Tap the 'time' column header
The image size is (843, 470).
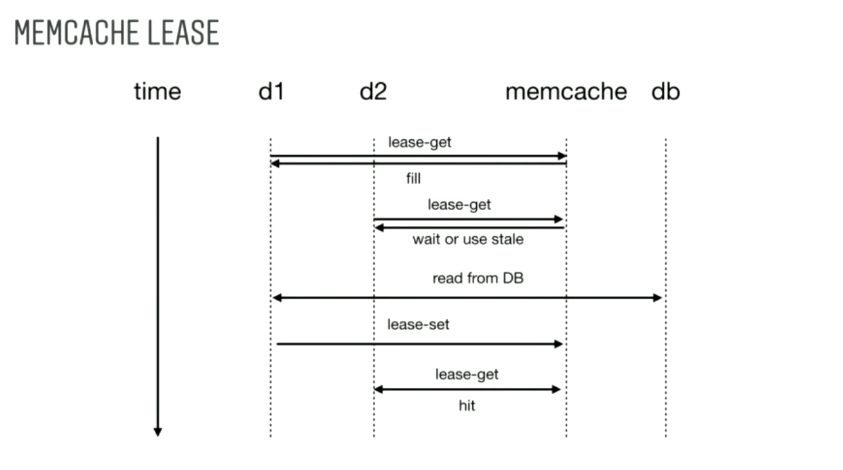pos(157,92)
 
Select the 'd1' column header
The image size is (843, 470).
pos(271,92)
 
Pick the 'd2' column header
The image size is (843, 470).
pos(373,92)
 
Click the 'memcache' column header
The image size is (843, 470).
pos(566,92)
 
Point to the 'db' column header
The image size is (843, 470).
pos(666,92)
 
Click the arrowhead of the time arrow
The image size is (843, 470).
pos(157,431)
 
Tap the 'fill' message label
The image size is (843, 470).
pos(413,178)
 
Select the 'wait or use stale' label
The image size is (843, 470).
pos(468,239)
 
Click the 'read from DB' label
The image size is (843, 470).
pos(478,279)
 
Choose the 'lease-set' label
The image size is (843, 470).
pos(418,325)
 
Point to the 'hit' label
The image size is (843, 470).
pos(467,406)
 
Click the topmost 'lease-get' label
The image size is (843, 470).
pos(420,142)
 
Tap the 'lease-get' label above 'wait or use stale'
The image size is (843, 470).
pos(459,205)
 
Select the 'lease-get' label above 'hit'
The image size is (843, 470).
pos(466,374)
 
